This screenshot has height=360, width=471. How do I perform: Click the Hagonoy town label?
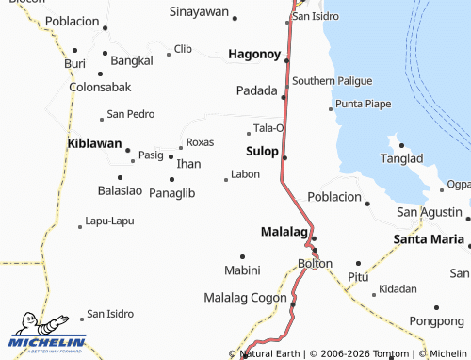tap(254, 56)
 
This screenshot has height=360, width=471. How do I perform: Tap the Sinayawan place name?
tap(199, 12)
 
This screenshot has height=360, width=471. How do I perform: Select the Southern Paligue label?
tap(332, 81)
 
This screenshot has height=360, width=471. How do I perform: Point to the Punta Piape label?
tap(363, 103)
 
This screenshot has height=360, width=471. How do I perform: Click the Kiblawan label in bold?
tap(95, 143)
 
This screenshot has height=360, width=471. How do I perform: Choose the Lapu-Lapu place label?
tap(109, 221)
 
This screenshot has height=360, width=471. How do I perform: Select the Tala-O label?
tap(268, 128)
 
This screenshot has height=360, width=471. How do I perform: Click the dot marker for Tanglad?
tap(401, 145)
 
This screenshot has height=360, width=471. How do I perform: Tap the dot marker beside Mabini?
tap(242, 256)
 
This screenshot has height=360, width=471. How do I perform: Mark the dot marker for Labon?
tap(225, 179)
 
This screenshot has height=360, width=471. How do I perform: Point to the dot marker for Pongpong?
tap(436, 307)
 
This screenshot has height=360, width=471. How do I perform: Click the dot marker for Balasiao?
tap(121, 177)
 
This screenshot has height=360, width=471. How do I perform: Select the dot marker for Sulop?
tap(284, 157)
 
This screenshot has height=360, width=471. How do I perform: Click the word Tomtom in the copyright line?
tap(389, 354)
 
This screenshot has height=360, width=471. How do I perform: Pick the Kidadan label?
tap(397, 288)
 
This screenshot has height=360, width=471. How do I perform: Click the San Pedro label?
tap(131, 114)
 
